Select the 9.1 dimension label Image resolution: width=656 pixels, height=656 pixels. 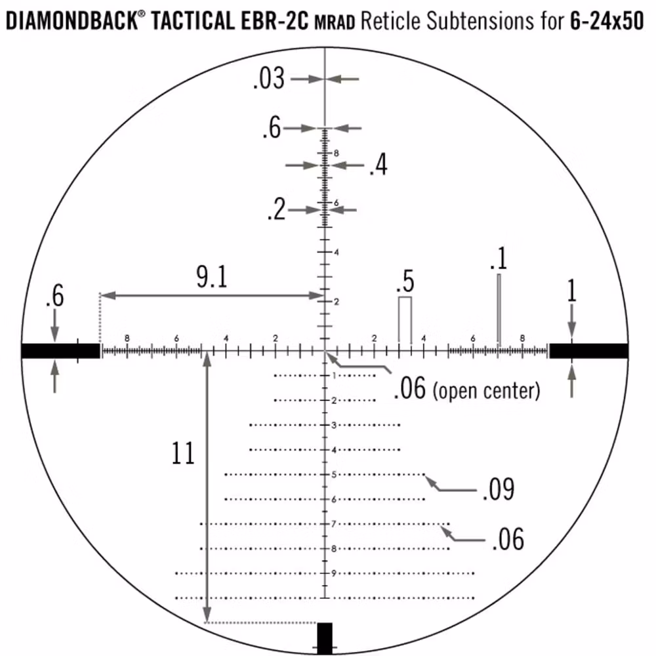pyautogui.click(x=211, y=279)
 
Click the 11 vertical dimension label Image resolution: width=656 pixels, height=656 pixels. pyautogui.click(x=184, y=453)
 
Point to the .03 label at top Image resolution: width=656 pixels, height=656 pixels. pyautogui.click(x=268, y=79)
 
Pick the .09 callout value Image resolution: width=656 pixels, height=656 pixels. pyautogui.click(x=498, y=489)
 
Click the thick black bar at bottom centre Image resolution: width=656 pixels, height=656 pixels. pyautogui.click(x=325, y=638)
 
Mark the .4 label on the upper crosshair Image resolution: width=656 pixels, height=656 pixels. pyautogui.click(x=378, y=166)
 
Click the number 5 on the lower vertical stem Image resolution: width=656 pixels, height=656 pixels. pyautogui.click(x=334, y=474)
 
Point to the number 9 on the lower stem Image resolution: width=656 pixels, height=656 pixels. pyautogui.click(x=334, y=573)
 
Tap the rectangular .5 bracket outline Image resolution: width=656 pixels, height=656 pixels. pyautogui.click(x=405, y=320)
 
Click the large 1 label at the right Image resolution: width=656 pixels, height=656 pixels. pyautogui.click(x=571, y=291)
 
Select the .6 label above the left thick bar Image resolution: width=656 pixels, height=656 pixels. pyautogui.click(x=54, y=297)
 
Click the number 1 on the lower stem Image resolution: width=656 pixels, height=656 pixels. pyautogui.click(x=334, y=376)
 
